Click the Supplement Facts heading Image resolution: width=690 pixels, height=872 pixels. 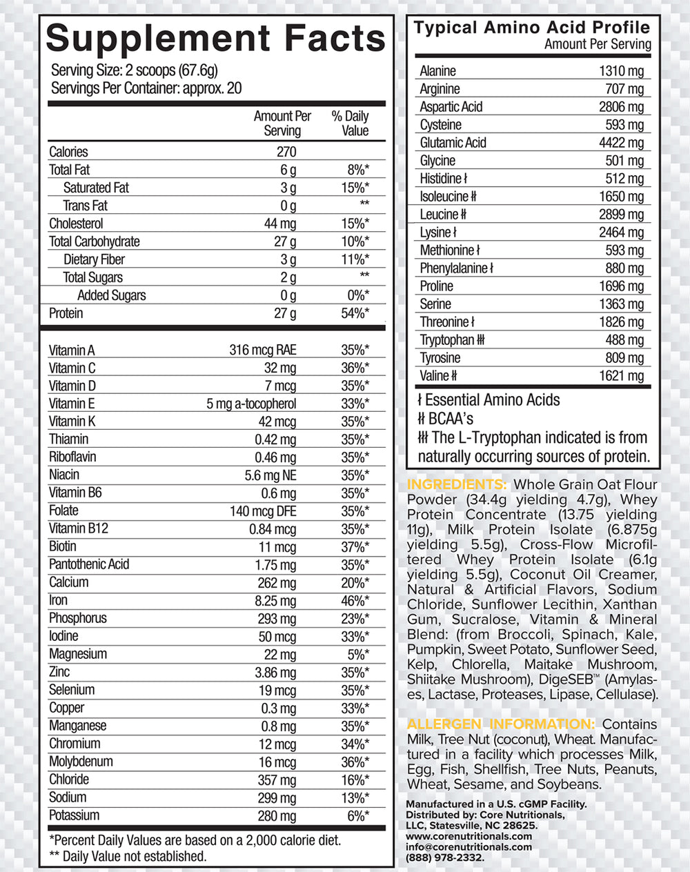(215, 38)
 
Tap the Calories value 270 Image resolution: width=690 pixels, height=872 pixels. (286, 152)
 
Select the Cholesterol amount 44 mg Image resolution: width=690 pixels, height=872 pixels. (280, 224)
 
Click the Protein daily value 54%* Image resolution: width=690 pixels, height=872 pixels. (355, 313)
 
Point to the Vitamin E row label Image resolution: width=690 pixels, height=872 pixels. (72, 404)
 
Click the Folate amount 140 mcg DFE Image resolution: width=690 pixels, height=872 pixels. (263, 511)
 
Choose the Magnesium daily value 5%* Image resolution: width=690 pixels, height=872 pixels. (358, 655)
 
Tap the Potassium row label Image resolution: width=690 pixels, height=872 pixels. (74, 815)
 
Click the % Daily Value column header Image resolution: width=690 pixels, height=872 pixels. (350, 123)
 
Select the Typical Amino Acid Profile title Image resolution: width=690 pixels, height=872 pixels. (531, 28)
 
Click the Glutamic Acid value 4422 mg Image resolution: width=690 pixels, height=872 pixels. (621, 143)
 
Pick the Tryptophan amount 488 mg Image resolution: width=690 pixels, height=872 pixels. (624, 340)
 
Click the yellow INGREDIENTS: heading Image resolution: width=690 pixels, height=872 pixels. (457, 484)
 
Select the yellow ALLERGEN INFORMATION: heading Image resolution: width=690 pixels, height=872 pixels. (501, 724)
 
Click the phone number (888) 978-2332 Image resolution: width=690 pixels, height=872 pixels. (445, 858)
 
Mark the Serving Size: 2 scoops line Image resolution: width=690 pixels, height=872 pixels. (135, 70)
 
